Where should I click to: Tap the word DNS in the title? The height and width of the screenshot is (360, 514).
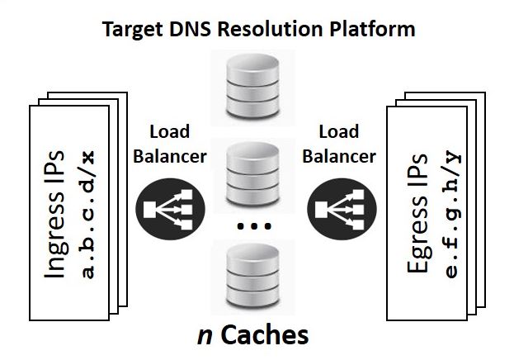192,31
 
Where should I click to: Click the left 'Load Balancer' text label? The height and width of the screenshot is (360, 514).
169,144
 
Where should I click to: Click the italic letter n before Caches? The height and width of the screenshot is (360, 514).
203,334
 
